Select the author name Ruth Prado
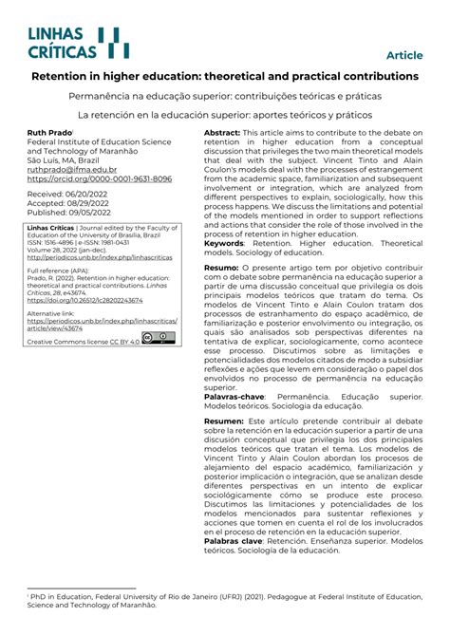coord(48,133)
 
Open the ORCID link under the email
coord(99,178)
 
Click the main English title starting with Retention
coord(225,75)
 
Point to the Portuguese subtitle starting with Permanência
coord(225,97)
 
